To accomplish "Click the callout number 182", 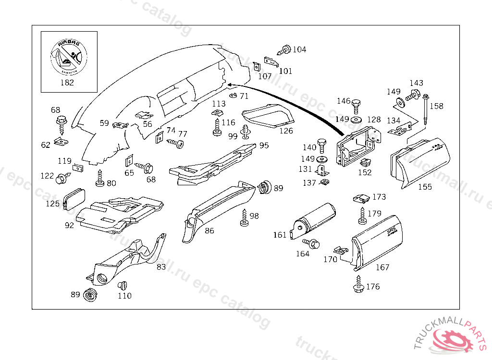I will coord(66,82).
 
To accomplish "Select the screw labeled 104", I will coord(284,49).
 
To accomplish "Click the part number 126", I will coord(286,131).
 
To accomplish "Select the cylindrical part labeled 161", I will coord(315,220).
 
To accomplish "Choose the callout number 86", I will coord(209,230).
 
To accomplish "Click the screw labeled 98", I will coord(245,218).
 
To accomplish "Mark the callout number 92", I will coord(69,225).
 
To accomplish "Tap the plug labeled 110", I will coord(122,285).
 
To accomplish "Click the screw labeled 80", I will coord(100,178).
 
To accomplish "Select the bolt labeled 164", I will coord(313,244).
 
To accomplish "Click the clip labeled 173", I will coord(360,198).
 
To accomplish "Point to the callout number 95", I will coord(264,145).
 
